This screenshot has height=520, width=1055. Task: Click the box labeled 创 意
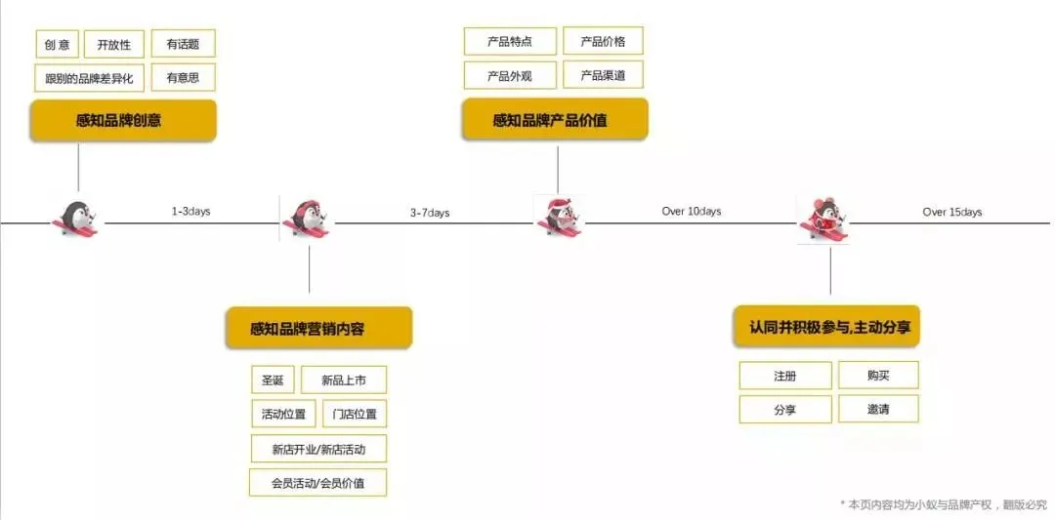coord(57,44)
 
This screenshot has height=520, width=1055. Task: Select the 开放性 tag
coord(113,44)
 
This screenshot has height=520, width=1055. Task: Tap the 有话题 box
coord(183,44)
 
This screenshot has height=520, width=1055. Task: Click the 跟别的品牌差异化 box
coord(89,78)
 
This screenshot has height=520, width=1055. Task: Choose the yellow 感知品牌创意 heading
coord(122,121)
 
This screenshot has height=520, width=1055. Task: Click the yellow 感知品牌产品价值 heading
coord(554,121)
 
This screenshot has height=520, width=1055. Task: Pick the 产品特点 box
coord(510,42)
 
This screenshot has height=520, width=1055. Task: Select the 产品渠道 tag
coord(603,75)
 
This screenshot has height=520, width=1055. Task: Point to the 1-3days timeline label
coord(190,212)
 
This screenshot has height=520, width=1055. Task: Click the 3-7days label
coord(430,213)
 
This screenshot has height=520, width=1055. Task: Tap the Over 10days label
coord(691,212)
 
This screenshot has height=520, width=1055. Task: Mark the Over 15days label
coord(951,212)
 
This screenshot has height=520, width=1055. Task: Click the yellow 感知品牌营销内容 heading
coord(317,329)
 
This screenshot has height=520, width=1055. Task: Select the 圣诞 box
coord(272,380)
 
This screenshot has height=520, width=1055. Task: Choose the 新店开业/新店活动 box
coord(317,449)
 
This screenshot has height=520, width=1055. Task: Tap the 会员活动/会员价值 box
coord(317,483)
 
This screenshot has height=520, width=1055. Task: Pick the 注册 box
coord(784,376)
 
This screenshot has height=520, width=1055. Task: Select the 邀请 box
coord(877,410)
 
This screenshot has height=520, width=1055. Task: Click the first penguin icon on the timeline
coord(76,218)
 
